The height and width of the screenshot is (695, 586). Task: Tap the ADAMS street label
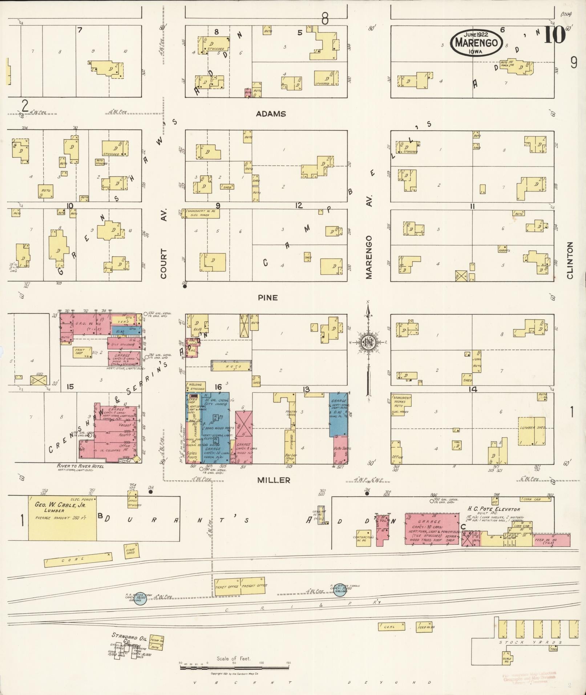[x=271, y=114]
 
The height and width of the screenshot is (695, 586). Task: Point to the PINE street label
[x=268, y=298]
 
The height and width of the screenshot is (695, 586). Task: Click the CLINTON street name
[x=569, y=260]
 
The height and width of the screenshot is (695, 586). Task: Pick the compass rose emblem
[x=368, y=342]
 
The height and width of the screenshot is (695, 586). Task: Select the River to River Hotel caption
[x=80, y=466]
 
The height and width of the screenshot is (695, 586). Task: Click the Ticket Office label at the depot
[x=226, y=587]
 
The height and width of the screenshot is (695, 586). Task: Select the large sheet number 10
[x=554, y=35]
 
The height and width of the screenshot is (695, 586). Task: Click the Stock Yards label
[x=530, y=642]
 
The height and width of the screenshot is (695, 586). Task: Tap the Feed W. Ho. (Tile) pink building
[x=551, y=540]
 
